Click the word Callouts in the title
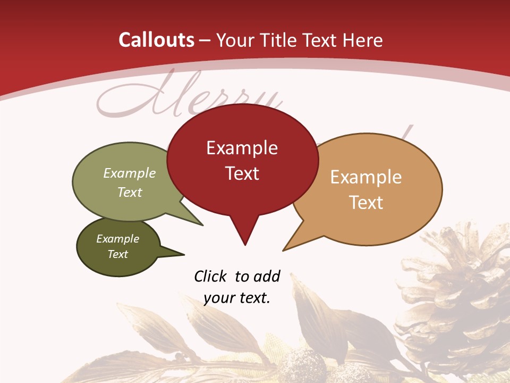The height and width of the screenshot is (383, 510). point(157,40)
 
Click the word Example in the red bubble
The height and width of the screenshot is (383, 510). point(242,148)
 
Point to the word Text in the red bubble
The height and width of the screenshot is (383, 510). point(242,173)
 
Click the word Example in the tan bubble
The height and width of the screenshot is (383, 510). point(366,177)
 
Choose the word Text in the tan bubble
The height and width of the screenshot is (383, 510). point(366,203)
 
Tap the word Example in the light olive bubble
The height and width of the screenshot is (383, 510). point(130,173)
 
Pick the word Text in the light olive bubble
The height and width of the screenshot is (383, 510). point(130,193)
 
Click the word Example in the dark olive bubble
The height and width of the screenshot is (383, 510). point(117,239)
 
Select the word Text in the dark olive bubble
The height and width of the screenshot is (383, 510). point(117,254)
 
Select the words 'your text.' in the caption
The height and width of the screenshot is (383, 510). point(237,298)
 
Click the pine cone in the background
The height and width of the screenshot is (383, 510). point(457,298)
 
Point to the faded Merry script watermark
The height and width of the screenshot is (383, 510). point(186,98)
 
